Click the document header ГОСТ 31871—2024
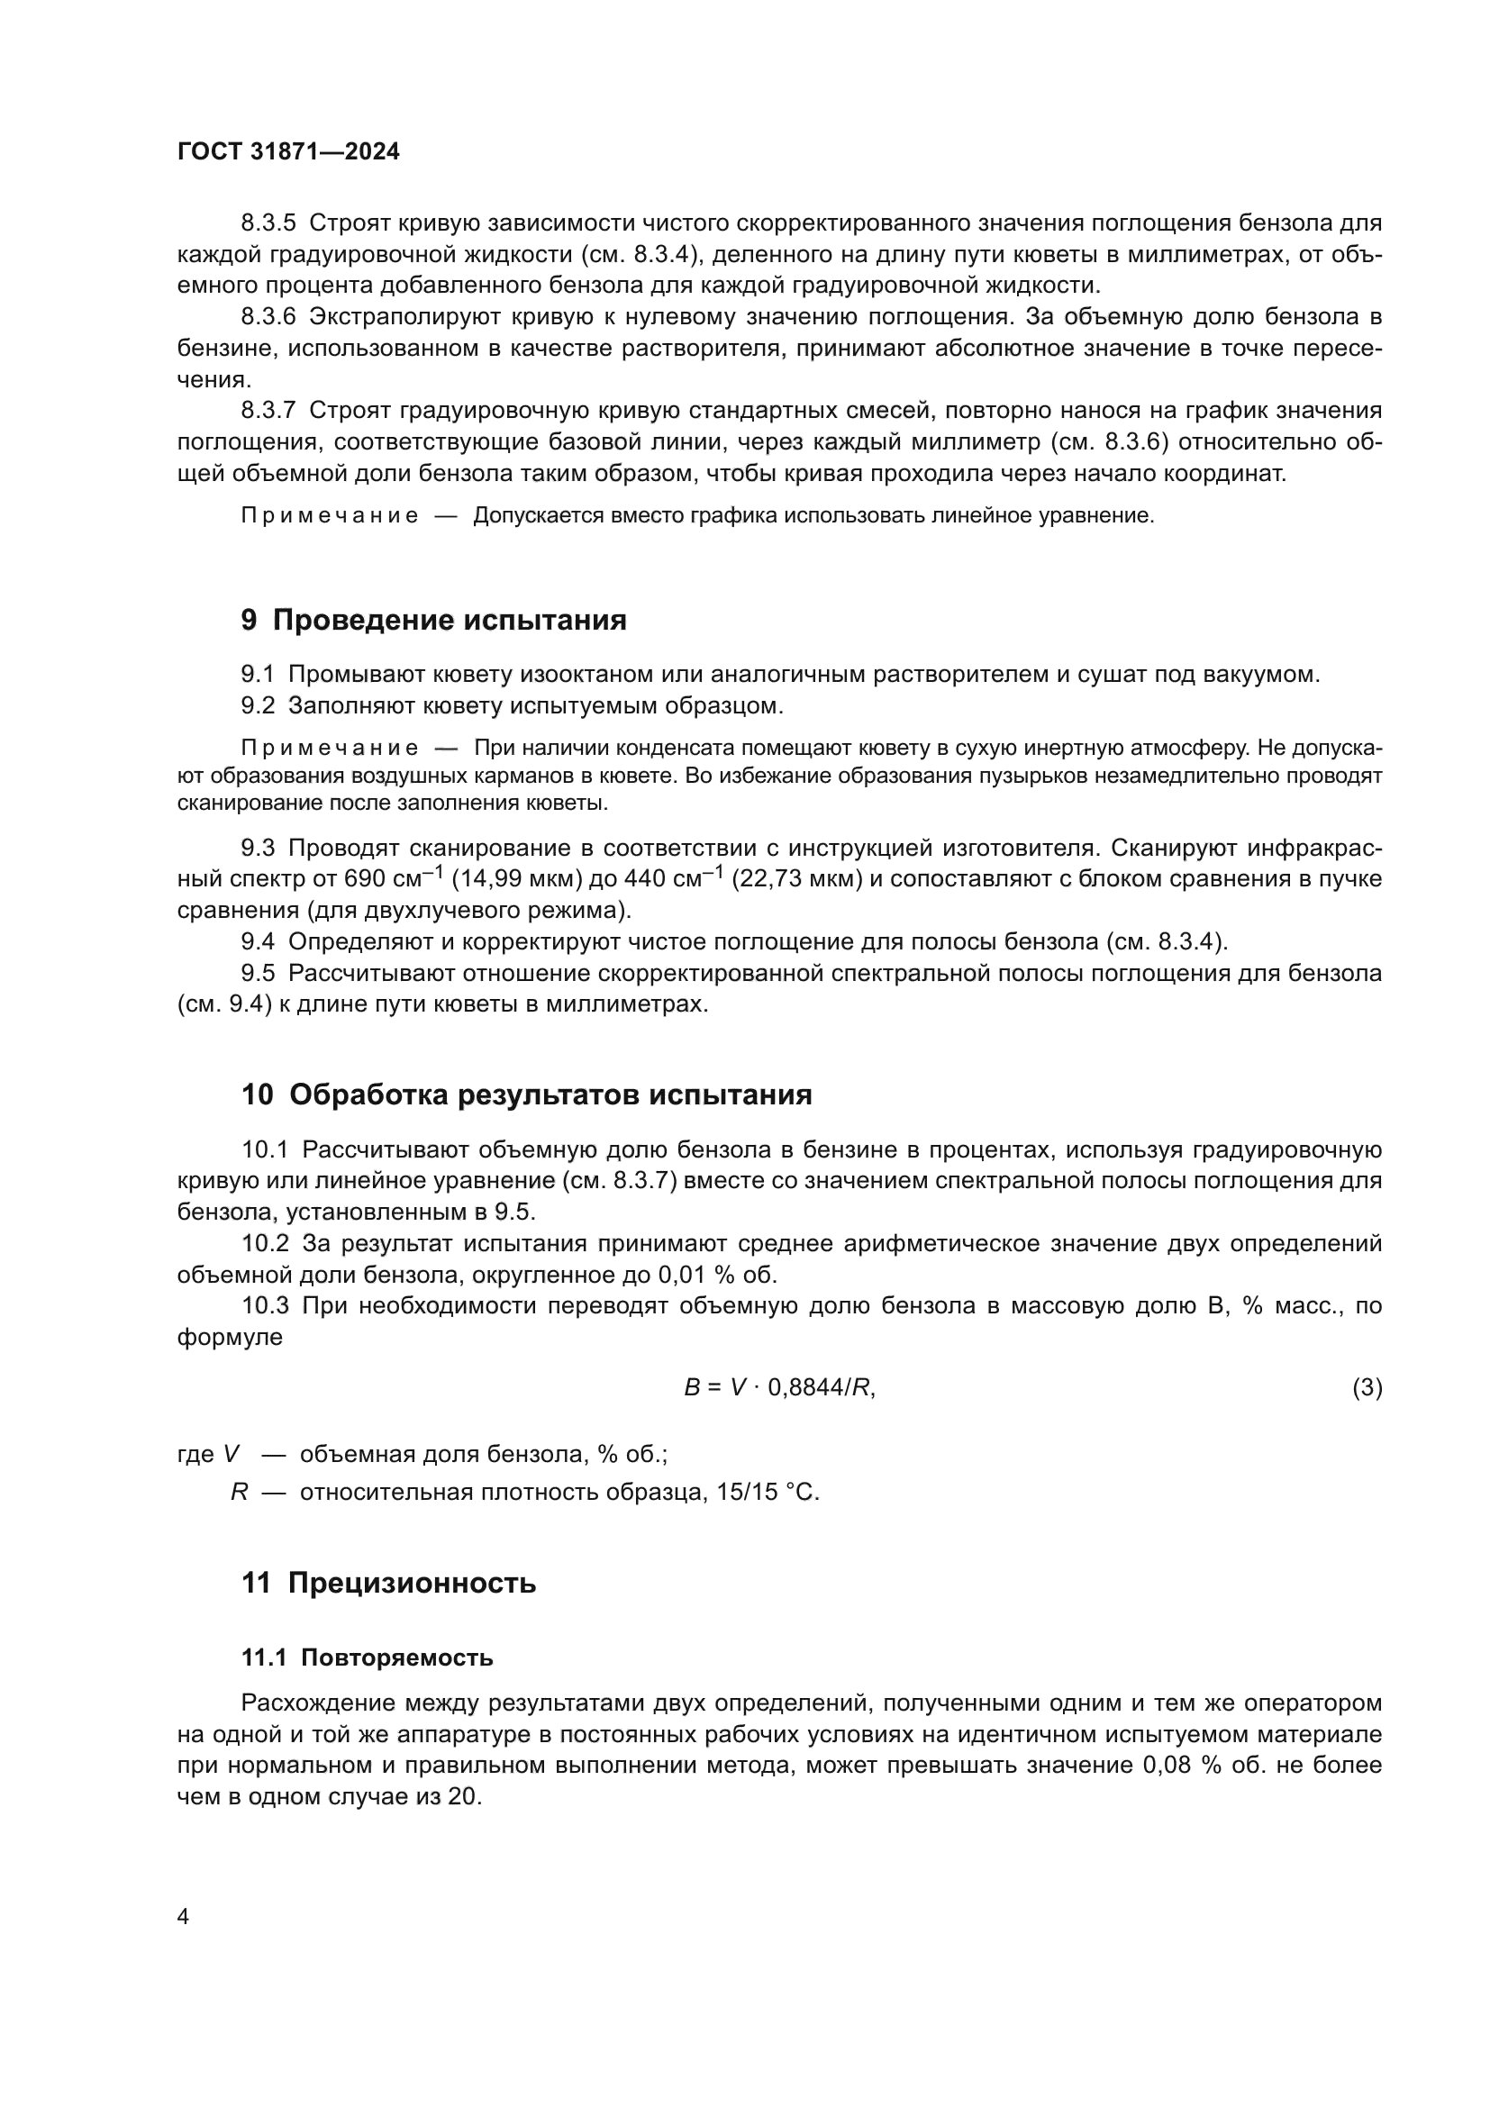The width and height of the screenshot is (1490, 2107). point(288,152)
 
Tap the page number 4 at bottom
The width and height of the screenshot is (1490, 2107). point(183,1917)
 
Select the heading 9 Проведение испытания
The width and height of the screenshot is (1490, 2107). point(434,621)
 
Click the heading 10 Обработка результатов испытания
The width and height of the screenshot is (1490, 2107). point(527,1094)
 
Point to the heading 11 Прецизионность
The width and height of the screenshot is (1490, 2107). point(389,1583)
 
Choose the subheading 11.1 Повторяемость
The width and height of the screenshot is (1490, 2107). point(367,1658)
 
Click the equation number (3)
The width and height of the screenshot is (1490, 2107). point(1367,1387)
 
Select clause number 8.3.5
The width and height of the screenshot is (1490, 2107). point(268,223)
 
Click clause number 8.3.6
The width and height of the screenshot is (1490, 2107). point(268,316)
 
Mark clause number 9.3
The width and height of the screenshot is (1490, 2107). point(258,847)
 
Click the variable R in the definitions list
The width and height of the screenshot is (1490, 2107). point(240,1492)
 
